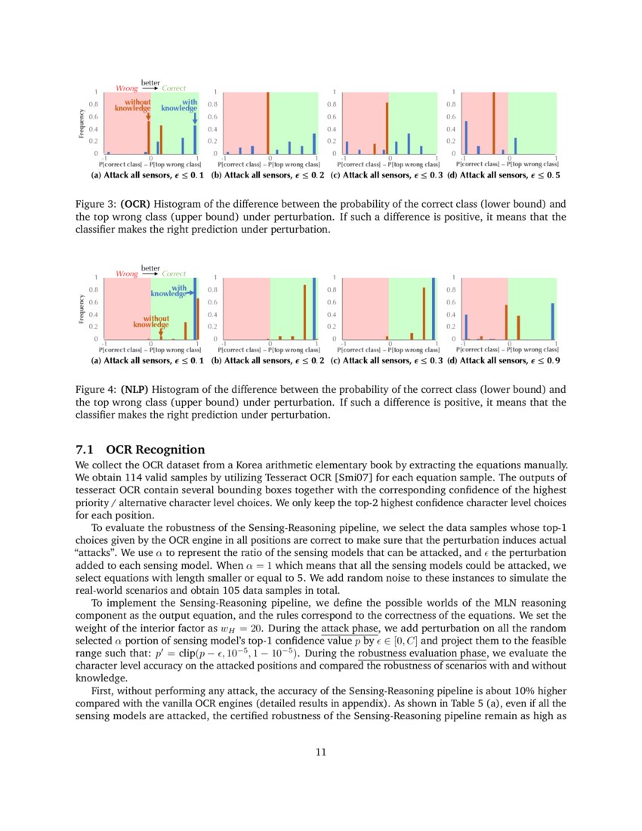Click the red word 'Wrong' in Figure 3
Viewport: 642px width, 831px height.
(126, 88)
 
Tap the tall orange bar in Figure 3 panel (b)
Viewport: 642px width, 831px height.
(268, 123)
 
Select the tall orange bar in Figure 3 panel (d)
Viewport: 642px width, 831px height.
(493, 123)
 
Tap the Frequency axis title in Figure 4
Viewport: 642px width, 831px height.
(82, 308)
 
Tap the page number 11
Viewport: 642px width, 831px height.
(321, 752)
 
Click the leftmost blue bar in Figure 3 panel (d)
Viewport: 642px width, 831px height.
(466, 137)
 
